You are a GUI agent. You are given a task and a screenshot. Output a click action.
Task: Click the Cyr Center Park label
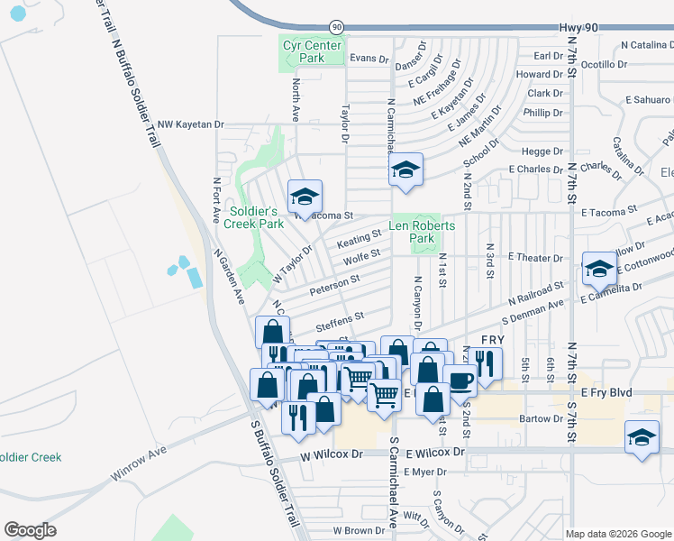(311, 51)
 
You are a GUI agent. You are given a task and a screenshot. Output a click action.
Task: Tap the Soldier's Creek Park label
(256, 217)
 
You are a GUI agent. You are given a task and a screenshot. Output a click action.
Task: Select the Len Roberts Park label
(422, 232)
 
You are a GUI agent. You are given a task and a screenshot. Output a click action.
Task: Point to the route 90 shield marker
(336, 28)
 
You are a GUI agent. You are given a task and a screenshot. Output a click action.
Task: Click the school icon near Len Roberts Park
(405, 170)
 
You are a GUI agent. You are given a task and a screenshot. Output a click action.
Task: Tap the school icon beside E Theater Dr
(599, 267)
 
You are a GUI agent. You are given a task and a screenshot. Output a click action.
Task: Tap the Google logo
(30, 530)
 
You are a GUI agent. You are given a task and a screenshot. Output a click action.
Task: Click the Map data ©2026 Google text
(618, 534)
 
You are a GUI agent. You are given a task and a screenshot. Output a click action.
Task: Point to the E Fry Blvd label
(607, 392)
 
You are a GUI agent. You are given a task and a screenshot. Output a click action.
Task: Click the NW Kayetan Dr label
(189, 124)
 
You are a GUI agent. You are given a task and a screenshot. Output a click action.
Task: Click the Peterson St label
(334, 285)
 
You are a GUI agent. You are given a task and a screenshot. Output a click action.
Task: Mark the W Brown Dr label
(360, 531)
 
